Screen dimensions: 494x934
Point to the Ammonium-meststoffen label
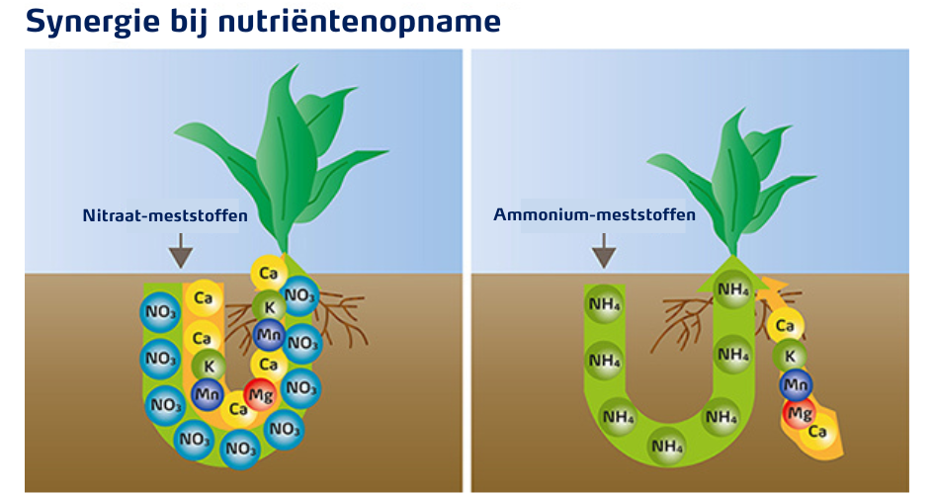(593, 214)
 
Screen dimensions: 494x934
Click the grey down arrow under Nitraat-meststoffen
(179, 256)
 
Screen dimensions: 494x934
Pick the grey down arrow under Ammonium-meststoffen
(604, 256)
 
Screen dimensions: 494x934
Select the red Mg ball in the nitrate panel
(260, 394)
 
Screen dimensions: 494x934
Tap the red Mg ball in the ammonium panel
(799, 412)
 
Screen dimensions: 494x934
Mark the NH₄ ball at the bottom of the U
(667, 447)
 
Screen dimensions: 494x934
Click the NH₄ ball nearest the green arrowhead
(732, 288)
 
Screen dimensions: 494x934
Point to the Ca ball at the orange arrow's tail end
(817, 432)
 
